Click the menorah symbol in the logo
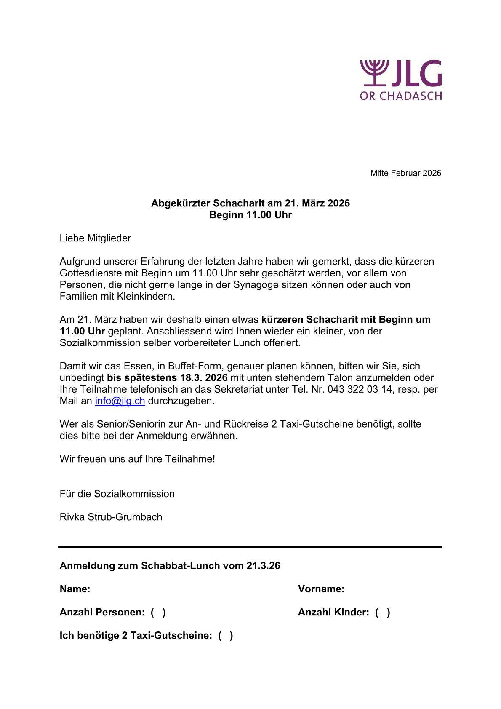tap(373, 73)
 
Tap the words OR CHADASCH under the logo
tap(400, 96)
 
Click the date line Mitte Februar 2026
tap(405, 173)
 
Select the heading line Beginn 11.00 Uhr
tap(250, 215)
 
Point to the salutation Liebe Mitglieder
tap(95, 238)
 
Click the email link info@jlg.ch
tap(120, 401)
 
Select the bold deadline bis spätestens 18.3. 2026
tap(167, 377)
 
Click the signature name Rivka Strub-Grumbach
tap(111, 517)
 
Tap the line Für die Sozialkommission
tap(117, 494)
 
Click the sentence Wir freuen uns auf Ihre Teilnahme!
tap(137, 459)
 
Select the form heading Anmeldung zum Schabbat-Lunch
tap(170, 566)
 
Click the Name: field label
tap(75, 589)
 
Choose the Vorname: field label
tap(321, 589)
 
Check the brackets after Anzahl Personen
tap(158, 613)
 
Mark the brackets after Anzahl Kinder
tap(382, 613)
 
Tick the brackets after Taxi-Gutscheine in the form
tap(225, 636)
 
